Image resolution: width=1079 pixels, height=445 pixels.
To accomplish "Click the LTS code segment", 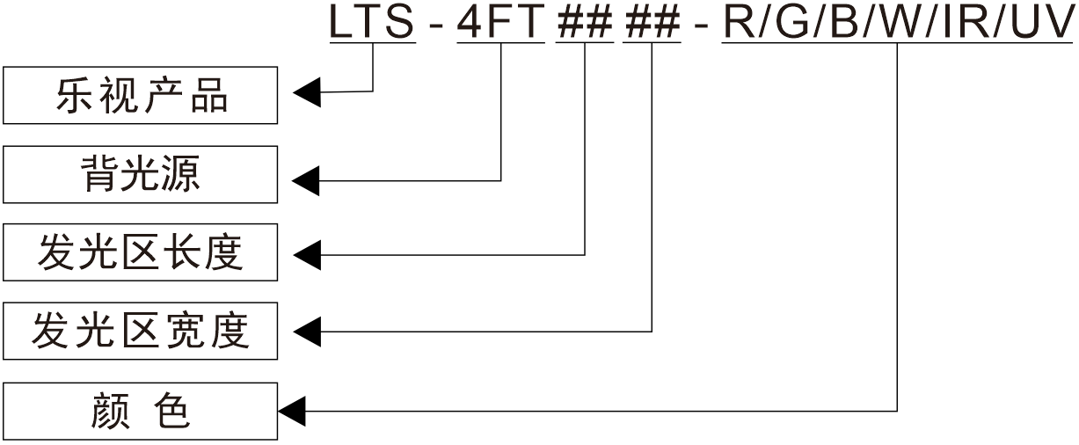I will pyautogui.click(x=372, y=23).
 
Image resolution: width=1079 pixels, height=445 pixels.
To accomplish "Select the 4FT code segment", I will pyautogui.click(x=501, y=23).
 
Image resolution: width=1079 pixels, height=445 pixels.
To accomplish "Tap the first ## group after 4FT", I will pyautogui.click(x=585, y=23).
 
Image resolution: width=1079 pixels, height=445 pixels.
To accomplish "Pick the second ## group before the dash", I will pyautogui.click(x=652, y=23).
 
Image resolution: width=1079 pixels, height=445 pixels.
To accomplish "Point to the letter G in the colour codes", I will pyautogui.click(x=791, y=23).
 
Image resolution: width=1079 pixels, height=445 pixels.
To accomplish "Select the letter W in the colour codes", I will pyautogui.click(x=899, y=23).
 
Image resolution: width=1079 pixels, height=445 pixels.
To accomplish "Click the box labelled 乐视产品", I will pyautogui.click(x=141, y=94).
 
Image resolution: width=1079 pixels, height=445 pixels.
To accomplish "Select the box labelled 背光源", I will pyautogui.click(x=141, y=174).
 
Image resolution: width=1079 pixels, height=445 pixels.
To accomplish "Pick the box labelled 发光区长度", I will pyautogui.click(x=141, y=252).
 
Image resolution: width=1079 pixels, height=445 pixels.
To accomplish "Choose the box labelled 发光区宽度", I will pyautogui.click(x=141, y=332).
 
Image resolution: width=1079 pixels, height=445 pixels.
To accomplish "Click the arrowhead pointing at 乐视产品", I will pyautogui.click(x=307, y=91).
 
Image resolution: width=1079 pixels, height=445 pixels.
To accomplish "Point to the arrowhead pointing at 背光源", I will pyautogui.click(x=307, y=181).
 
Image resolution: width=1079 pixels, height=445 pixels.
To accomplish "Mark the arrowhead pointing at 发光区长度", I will pyautogui.click(x=307, y=255).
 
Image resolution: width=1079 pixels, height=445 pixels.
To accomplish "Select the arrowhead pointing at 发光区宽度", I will pyautogui.click(x=307, y=332).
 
